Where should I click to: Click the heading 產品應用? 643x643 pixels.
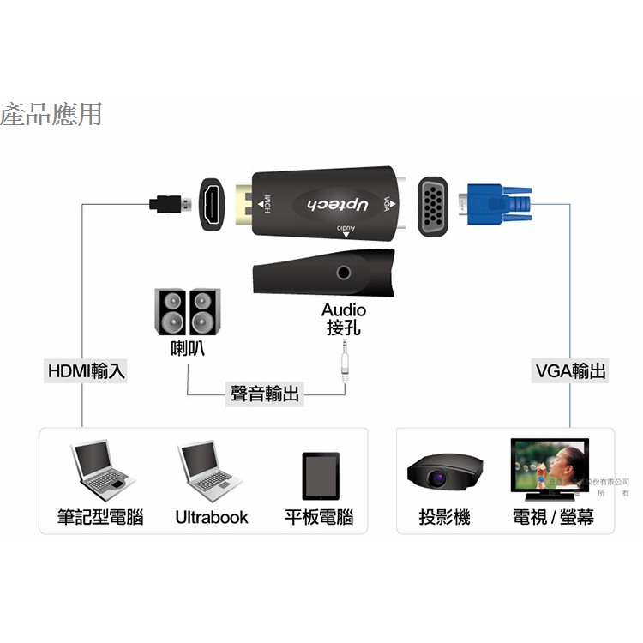[51, 113]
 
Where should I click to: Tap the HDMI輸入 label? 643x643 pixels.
[87, 371]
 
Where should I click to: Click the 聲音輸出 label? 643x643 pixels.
[265, 394]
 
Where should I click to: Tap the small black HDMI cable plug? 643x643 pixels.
[170, 205]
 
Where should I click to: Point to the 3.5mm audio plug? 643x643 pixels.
[345, 360]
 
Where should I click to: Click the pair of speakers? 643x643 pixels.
[186, 311]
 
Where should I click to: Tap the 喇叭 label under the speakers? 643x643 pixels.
[187, 349]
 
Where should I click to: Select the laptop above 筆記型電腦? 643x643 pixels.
[99, 472]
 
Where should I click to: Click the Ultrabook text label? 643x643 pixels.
[212, 517]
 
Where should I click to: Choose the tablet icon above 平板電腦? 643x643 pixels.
[320, 475]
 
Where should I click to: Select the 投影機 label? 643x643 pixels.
[444, 517]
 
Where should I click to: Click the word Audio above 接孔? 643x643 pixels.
[344, 309]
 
